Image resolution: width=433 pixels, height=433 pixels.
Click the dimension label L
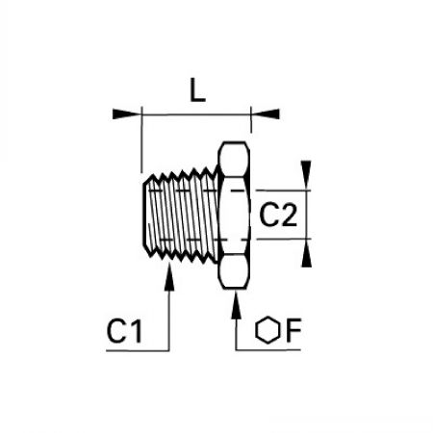197,90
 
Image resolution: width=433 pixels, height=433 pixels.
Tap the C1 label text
124,331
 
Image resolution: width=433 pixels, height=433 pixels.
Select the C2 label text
278,216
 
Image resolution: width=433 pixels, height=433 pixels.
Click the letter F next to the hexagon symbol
293,330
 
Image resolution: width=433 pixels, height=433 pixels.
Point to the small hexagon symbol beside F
267,330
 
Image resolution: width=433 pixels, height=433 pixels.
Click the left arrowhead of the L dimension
127,115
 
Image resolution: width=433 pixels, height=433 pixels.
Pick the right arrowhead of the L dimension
266,115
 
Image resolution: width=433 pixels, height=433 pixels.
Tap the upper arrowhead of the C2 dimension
306,175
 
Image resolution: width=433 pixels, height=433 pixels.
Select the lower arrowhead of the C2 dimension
306,253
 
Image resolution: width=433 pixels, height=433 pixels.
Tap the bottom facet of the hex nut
234,271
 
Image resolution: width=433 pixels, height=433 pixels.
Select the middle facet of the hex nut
234,215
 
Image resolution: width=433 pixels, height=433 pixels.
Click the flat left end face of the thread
143,215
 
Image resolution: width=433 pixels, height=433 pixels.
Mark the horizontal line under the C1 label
138,350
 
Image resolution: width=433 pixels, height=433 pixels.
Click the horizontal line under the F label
268,349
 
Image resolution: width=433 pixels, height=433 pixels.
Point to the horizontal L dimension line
196,115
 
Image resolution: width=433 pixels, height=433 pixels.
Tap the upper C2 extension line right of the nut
283,191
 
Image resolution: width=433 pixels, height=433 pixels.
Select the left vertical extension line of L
141,140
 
